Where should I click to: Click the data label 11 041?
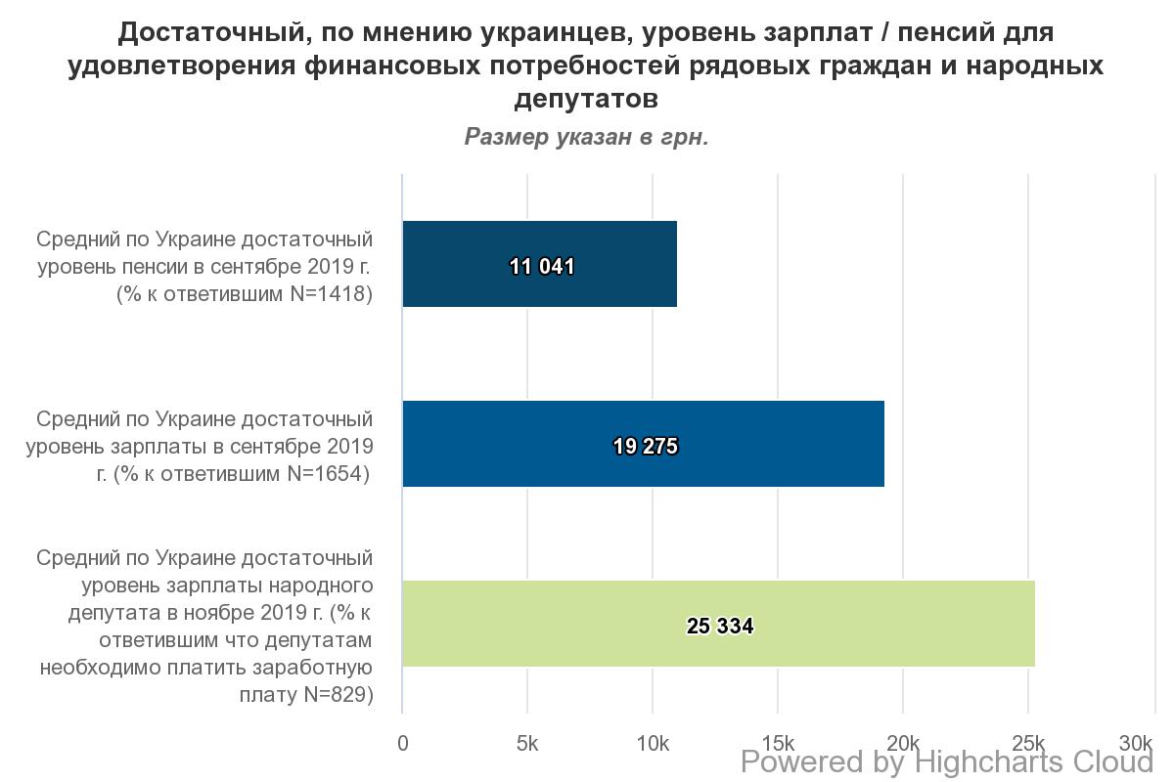[x=542, y=266]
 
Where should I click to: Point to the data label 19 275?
[x=646, y=447]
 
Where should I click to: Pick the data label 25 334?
[x=720, y=627]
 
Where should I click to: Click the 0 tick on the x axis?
[x=403, y=743]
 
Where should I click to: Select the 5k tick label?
[x=527, y=743]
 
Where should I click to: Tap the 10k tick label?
[x=653, y=743]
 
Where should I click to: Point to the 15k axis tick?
[x=778, y=743]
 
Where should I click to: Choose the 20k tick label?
[x=903, y=743]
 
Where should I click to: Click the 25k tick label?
[x=1028, y=743]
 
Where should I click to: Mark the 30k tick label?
[x=1137, y=743]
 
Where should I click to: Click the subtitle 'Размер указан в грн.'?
[x=586, y=137]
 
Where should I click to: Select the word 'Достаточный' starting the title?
[x=200, y=33]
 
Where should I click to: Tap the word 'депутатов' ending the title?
[x=586, y=99]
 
